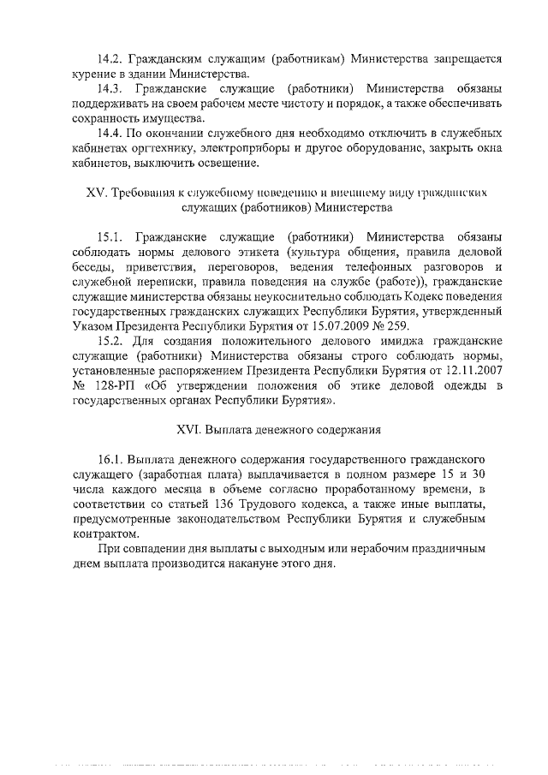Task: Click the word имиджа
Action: click(365, 341)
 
